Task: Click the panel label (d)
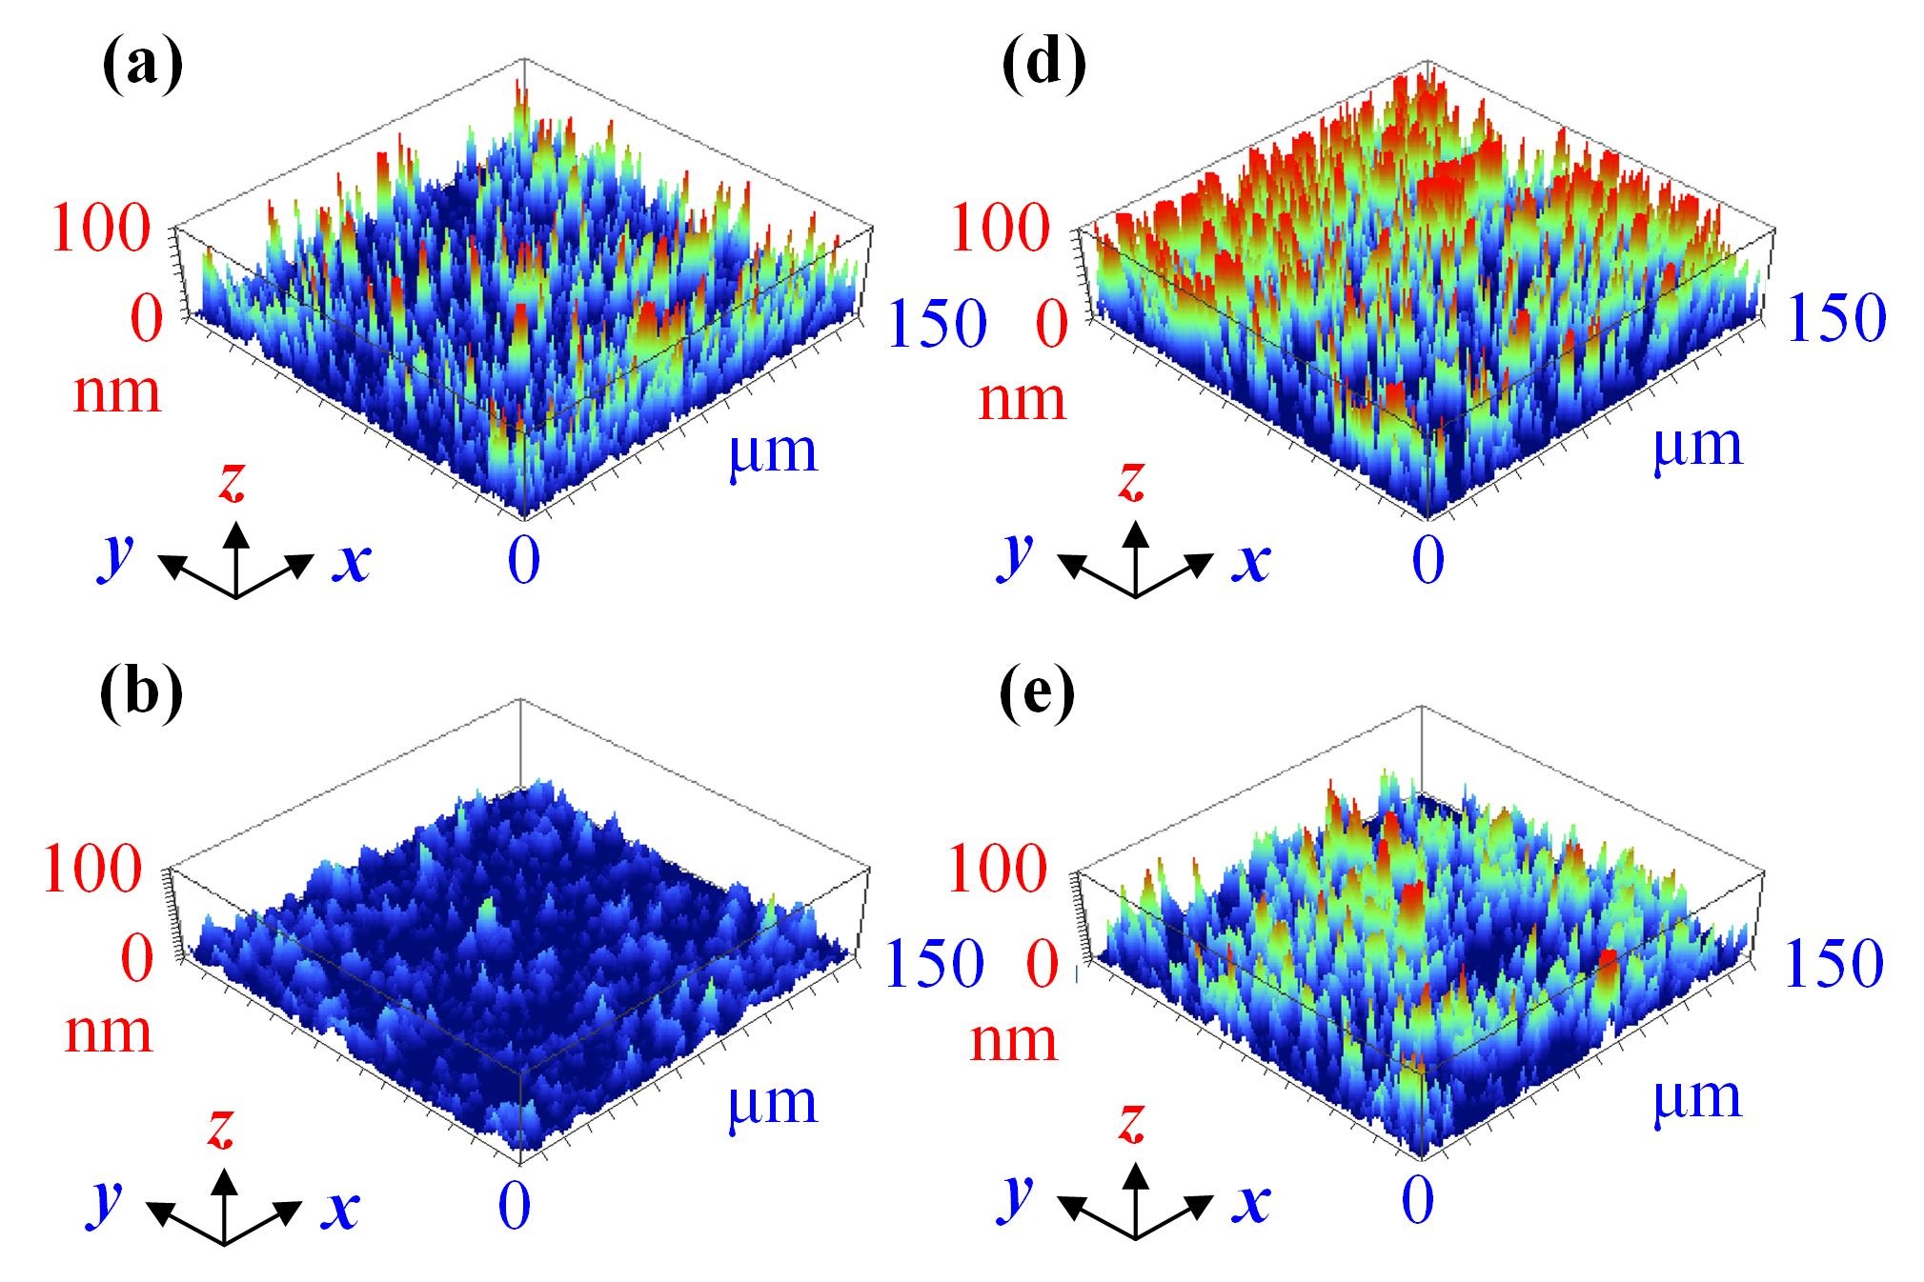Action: click(x=1044, y=68)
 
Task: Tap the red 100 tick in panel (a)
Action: click(x=101, y=230)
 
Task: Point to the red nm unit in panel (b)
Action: click(x=108, y=1032)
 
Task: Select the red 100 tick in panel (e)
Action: click(x=998, y=870)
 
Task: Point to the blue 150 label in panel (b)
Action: click(x=934, y=964)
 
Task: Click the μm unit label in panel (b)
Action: click(x=773, y=1103)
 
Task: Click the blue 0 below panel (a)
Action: click(x=523, y=559)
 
